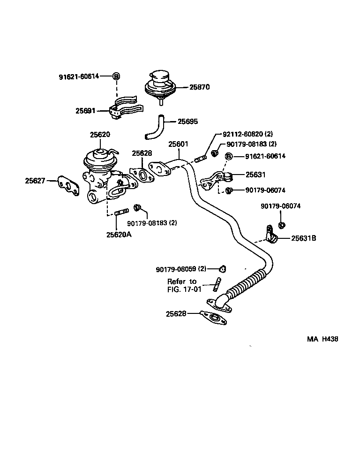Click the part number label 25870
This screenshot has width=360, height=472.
pos(199,87)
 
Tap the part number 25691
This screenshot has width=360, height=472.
pos(85,111)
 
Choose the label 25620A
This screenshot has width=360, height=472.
pos(119,234)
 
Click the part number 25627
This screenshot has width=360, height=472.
pos(35,181)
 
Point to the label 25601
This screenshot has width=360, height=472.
pos(178,144)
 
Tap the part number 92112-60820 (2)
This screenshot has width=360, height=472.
pos(247,134)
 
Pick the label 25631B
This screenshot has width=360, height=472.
pos(303,238)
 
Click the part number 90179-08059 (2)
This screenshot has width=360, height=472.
pos(181,269)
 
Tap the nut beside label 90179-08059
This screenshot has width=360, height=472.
pos(222,269)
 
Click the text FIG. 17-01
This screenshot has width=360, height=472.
pos(184,289)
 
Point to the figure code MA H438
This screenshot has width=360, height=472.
pos(322,339)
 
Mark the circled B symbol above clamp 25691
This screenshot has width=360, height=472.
pos(116,76)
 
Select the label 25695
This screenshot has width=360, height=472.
pos(187,122)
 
